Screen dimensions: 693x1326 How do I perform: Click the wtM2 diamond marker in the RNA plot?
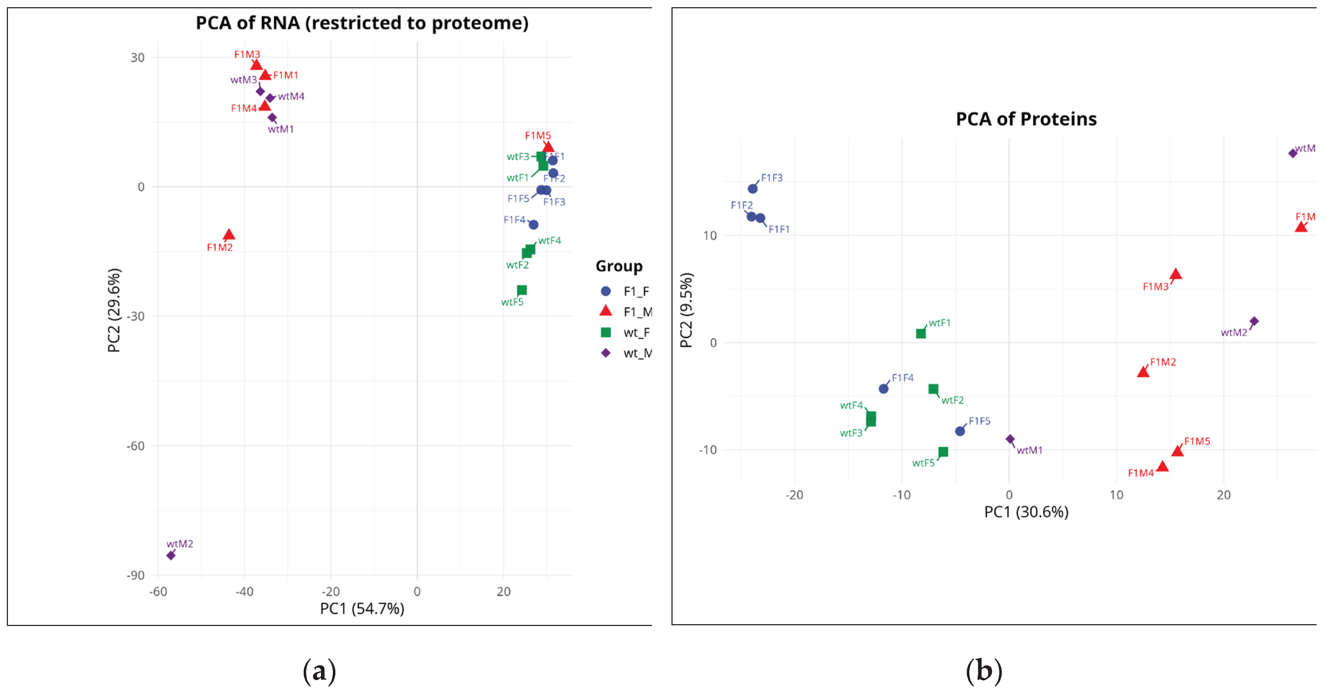coord(171,555)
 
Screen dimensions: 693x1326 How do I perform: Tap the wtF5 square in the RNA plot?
coord(521,290)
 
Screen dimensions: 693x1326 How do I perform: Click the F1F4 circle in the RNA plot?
coord(533,225)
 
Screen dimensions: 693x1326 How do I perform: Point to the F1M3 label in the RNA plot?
coord(247,54)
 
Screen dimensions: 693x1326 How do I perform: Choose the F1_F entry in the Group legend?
coord(636,291)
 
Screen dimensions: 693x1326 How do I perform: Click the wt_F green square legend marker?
coord(606,332)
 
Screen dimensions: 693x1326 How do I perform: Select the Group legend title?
coord(619,266)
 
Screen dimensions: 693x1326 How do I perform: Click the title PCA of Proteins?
coord(1026,119)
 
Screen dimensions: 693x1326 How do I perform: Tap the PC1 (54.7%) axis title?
coord(362,609)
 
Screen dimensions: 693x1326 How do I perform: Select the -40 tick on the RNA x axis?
coord(244,592)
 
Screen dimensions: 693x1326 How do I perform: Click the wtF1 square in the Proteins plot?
coord(921,333)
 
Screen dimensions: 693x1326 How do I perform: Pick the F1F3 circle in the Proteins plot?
coord(753,189)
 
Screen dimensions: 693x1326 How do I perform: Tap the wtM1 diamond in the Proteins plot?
coord(1010,439)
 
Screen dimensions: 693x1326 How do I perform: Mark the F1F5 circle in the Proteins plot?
coord(960,431)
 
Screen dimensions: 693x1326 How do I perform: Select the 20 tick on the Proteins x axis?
coord(1224,495)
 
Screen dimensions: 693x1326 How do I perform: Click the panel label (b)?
coord(984,671)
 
